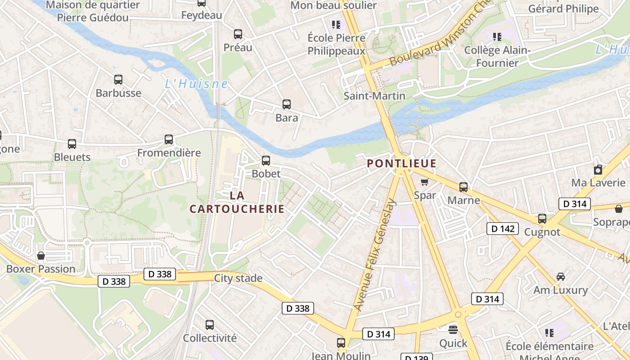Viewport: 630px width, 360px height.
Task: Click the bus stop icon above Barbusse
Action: (118, 80)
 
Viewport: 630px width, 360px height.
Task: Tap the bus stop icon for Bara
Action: (287, 104)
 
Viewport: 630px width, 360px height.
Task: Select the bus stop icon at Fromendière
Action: (169, 139)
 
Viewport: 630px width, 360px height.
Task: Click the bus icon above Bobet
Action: (266, 161)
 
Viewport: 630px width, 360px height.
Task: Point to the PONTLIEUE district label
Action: (402, 163)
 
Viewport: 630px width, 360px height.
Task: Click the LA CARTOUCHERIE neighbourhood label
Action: (237, 202)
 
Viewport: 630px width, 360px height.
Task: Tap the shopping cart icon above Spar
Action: (424, 182)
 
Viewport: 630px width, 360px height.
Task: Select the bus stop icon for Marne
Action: (463, 187)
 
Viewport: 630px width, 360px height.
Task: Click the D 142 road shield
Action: (503, 229)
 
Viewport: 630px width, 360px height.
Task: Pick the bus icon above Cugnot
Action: (542, 219)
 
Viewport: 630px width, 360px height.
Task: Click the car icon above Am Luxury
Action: (561, 277)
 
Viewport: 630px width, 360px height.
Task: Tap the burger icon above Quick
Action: (453, 329)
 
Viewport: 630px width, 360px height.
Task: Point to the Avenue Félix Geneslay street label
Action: (374, 255)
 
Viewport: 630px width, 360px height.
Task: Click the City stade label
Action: (238, 278)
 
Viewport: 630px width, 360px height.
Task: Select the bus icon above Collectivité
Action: (210, 325)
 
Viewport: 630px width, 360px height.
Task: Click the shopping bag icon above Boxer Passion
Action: (41, 256)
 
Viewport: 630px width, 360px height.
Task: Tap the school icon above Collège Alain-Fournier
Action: (497, 36)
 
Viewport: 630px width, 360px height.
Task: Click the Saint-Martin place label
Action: (374, 96)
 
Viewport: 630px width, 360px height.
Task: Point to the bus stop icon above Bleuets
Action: (72, 144)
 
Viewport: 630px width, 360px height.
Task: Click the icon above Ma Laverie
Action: (598, 170)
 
